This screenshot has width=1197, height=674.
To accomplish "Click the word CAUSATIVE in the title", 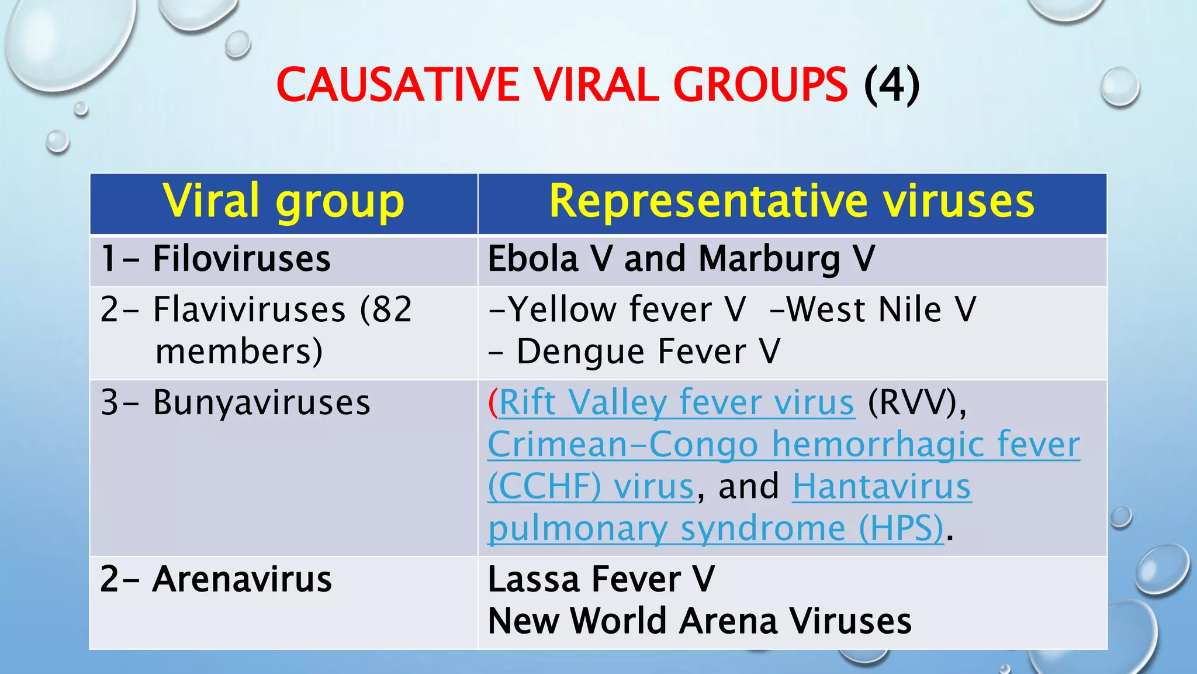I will click(397, 85).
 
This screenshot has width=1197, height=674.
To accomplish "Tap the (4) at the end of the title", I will click(891, 85).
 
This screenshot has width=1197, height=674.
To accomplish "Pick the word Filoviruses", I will click(241, 259).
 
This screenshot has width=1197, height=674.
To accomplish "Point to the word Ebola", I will click(532, 259).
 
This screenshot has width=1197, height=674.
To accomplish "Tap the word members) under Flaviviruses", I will click(239, 352).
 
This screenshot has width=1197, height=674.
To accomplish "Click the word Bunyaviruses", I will click(261, 403).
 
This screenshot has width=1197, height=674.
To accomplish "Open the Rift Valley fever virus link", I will click(676, 403).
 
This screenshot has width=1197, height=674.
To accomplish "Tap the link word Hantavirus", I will click(881, 487).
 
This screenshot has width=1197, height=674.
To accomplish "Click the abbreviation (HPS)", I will click(901, 528).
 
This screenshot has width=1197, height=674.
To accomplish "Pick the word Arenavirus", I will click(242, 579).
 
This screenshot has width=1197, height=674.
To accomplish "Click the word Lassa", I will click(533, 579).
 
